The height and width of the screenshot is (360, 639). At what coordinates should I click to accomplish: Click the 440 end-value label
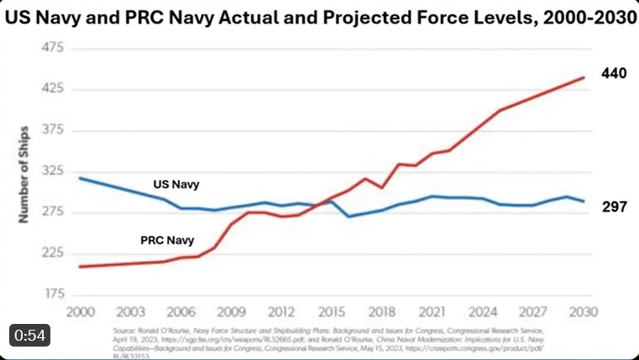click(x=614, y=74)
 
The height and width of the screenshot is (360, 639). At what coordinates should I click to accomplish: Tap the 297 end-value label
click(x=614, y=206)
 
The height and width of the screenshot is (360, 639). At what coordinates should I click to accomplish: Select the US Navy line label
click(x=175, y=184)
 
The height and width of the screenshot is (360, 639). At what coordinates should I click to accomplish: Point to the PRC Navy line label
click(x=167, y=241)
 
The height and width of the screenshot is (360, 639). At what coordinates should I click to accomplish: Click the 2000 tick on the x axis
click(x=80, y=311)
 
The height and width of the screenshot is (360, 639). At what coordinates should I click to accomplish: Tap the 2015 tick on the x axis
click(x=332, y=311)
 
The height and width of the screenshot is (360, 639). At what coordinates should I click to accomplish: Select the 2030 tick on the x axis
click(x=584, y=311)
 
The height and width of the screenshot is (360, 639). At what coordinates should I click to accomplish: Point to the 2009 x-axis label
click(x=231, y=311)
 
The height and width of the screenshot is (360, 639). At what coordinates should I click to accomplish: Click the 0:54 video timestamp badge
click(x=29, y=334)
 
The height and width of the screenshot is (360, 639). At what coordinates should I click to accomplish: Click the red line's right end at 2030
click(x=584, y=77)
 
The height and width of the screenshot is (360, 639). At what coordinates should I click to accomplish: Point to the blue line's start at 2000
click(x=80, y=178)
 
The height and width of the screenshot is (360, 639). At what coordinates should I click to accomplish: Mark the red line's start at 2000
click(x=80, y=266)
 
